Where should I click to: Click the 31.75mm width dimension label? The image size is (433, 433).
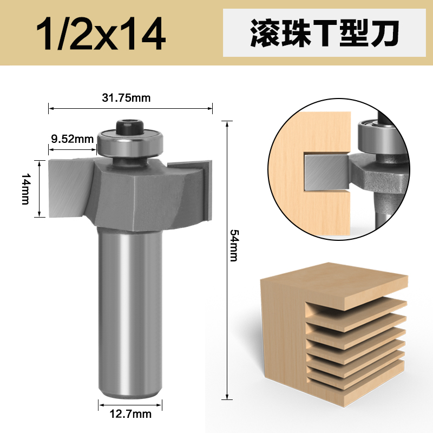pyautogui.click(x=126, y=98)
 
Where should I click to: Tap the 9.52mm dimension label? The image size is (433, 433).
pyautogui.click(x=72, y=139)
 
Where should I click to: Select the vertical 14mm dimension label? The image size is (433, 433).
pyautogui.click(x=25, y=188)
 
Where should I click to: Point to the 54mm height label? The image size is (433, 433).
pyautogui.click(x=234, y=245)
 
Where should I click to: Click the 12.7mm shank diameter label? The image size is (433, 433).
pyautogui.click(x=130, y=415)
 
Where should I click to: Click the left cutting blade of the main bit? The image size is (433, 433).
pyautogui.click(x=68, y=187)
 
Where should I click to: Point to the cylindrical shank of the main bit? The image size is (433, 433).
pyautogui.click(x=130, y=314)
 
